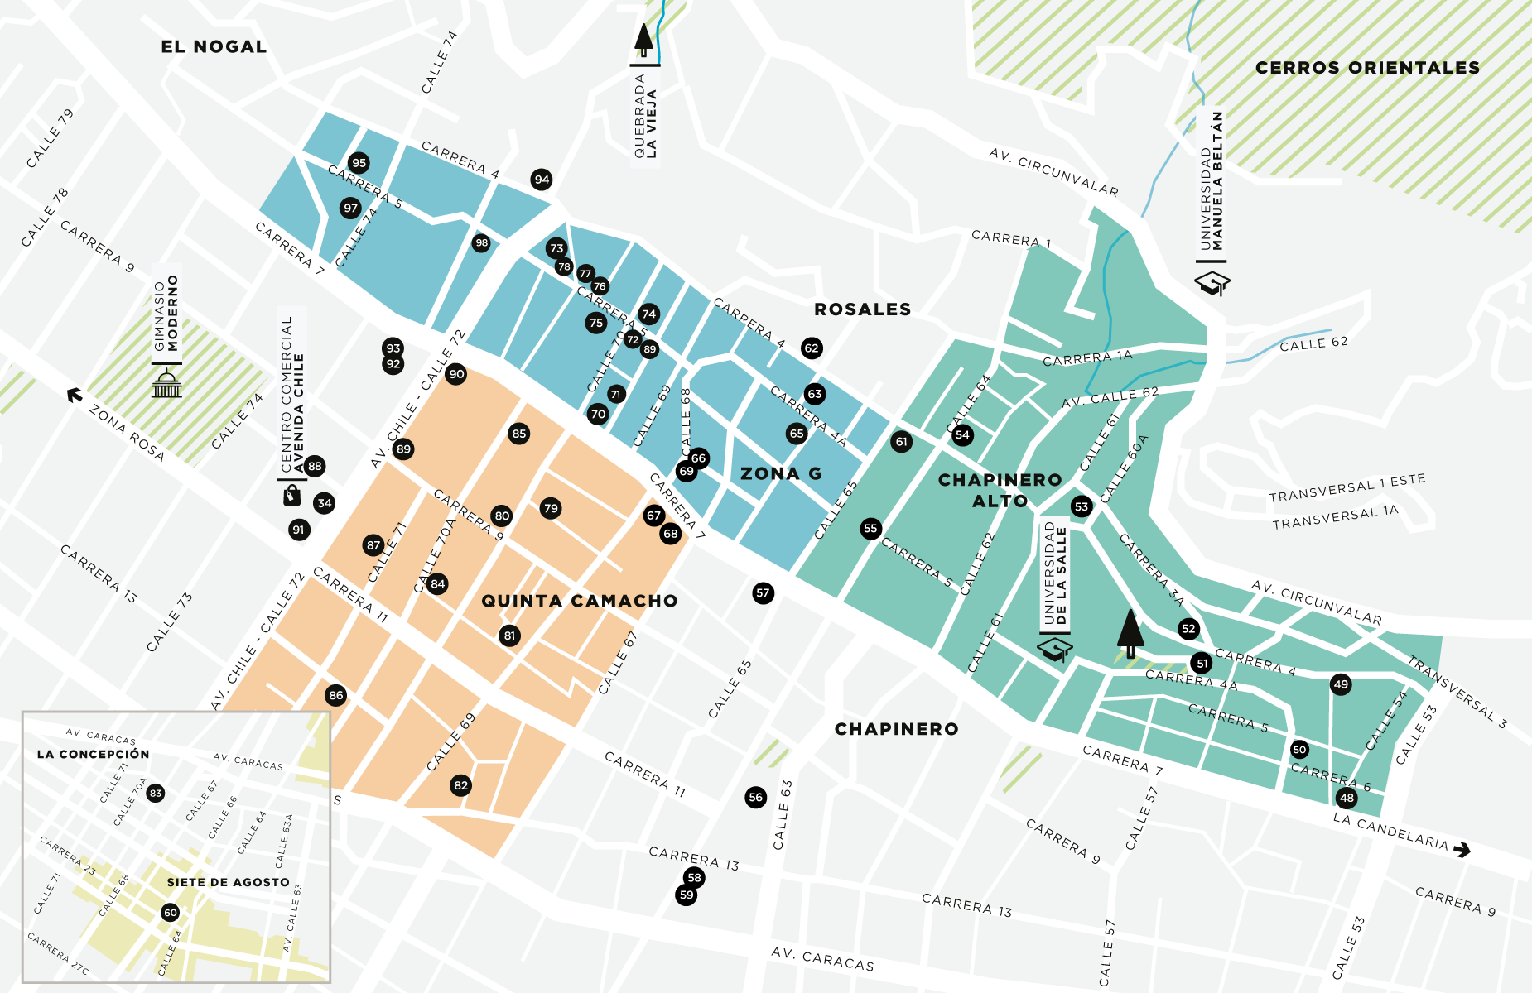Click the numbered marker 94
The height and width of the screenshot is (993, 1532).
pos(542,180)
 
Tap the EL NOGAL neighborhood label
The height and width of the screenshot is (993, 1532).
pos(214,47)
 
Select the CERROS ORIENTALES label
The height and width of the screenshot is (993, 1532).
pos(1367,68)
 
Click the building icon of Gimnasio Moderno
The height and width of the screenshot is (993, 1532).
pos(166,384)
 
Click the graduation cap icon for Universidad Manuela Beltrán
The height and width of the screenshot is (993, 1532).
pos(1212,284)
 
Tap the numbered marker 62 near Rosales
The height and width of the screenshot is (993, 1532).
pos(812,348)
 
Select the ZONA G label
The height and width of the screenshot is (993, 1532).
pos(781,474)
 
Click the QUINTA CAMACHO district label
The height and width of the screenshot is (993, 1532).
pos(579,602)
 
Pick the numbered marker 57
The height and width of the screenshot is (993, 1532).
pos(763,592)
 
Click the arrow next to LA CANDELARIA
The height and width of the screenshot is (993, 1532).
pos(1462,850)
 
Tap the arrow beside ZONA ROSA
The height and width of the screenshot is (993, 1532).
pos(75,396)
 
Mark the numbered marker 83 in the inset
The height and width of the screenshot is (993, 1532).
pos(156,794)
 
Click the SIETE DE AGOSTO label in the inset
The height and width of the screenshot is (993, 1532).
pos(228,883)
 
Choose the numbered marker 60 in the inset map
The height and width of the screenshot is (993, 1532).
pos(171,913)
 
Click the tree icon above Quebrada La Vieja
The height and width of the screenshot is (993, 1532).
pos(643,40)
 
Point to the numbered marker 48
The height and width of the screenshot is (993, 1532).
pos(1347,799)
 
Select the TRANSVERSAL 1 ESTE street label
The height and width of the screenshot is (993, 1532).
pos(1347,487)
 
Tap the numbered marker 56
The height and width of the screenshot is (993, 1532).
pos(755,798)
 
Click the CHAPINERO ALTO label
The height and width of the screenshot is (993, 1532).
pos(1000,491)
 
